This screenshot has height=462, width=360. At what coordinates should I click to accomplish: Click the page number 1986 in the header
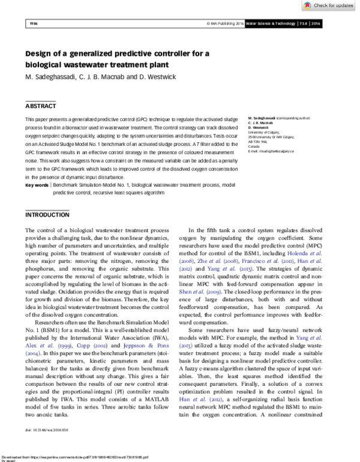[34, 23]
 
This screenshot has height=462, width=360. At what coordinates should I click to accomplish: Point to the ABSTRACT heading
[41, 105]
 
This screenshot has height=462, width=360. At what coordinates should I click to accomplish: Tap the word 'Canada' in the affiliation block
[238, 146]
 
